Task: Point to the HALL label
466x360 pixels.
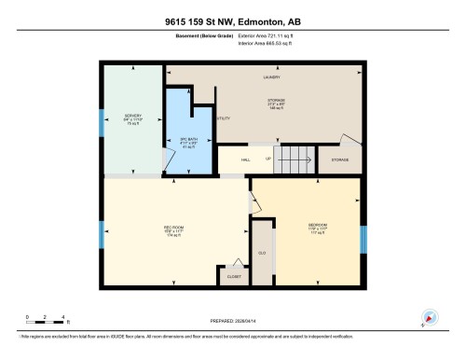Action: click(246, 159)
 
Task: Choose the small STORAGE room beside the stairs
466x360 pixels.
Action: click(339, 159)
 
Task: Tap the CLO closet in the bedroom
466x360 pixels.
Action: click(263, 252)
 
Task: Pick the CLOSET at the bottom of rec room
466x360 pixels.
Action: click(233, 276)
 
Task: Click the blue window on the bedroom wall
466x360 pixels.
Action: click(363, 239)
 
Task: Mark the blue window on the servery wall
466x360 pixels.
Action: click(101, 121)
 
